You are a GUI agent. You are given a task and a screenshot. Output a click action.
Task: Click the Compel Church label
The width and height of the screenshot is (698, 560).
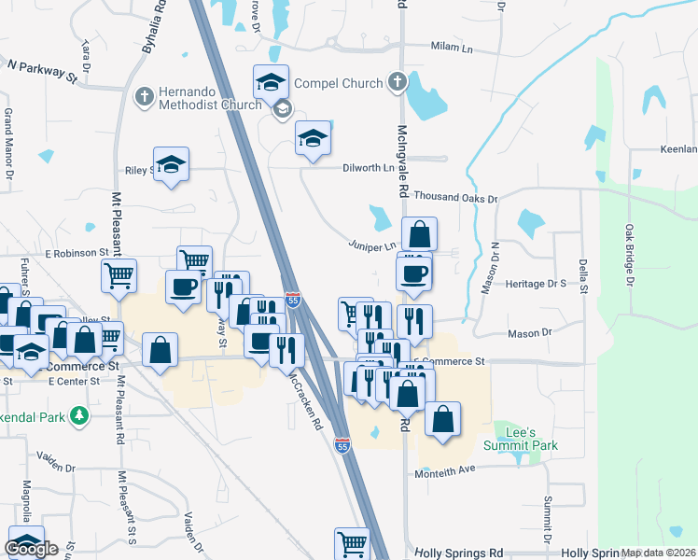click(338, 83)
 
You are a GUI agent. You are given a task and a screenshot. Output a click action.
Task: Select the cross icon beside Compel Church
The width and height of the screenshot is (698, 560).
click(398, 82)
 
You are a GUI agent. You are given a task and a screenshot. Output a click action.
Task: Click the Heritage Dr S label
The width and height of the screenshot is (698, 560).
click(537, 283)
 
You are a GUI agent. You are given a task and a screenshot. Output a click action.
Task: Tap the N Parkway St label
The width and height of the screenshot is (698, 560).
click(42, 71)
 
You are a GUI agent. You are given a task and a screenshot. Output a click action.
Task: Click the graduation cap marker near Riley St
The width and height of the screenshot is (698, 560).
click(171, 164)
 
